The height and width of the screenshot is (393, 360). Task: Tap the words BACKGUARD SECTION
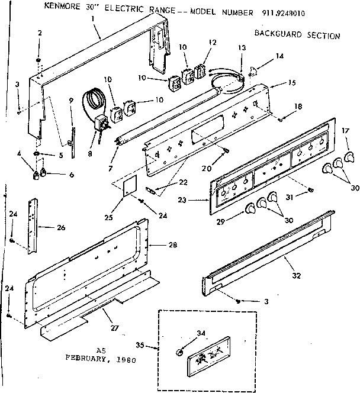click(297, 35)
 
